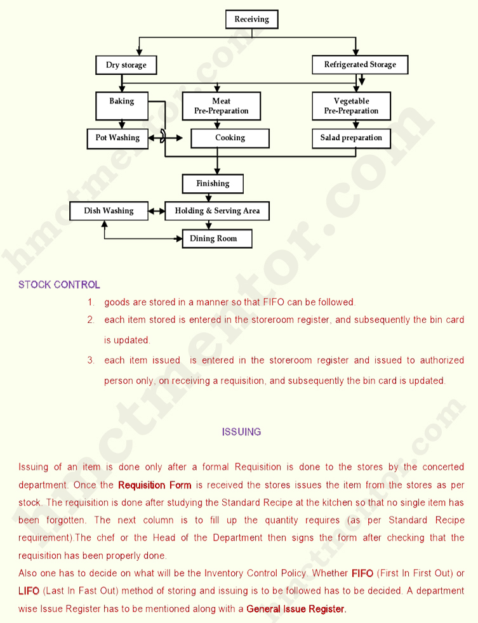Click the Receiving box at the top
tap(252, 19)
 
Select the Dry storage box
tap(126, 65)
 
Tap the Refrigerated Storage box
tap(360, 64)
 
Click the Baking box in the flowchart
tap(122, 106)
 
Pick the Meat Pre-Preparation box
tap(221, 106)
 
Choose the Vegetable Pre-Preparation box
tap(351, 106)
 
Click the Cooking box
tap(230, 138)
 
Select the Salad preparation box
tap(351, 138)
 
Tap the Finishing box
tap(213, 183)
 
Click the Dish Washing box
tap(109, 211)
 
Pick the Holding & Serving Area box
tap(217, 211)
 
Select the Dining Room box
tap(217, 239)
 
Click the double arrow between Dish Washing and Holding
tap(157, 211)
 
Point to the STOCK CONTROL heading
tap(59, 284)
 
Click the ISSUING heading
tap(241, 432)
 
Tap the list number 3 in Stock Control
tap(91, 360)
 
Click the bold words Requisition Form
tap(155, 485)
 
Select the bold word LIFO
tap(29, 591)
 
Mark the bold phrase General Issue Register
tap(296, 608)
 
